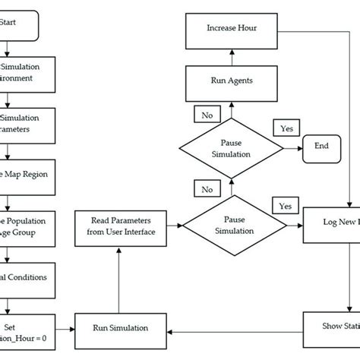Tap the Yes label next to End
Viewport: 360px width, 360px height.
286,129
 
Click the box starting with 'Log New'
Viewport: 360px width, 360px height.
331,226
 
